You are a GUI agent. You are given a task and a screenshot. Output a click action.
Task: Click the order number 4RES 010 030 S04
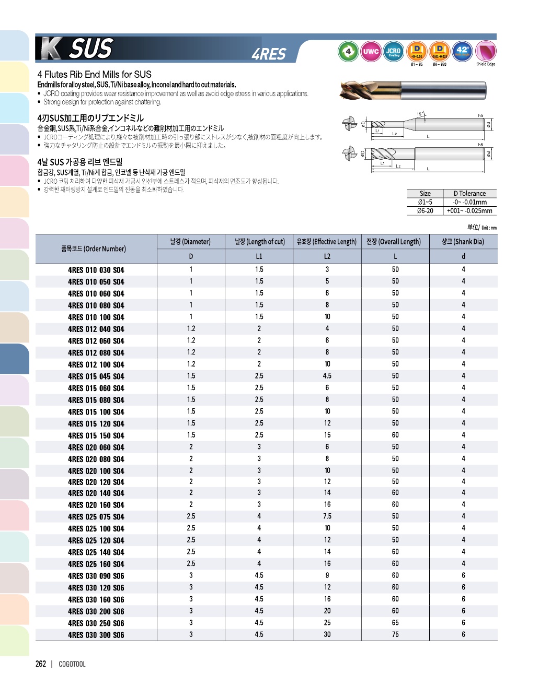click(96, 270)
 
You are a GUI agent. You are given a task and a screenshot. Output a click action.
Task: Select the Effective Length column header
click(327, 242)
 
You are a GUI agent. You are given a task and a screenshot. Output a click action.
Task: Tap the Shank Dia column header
click(463, 242)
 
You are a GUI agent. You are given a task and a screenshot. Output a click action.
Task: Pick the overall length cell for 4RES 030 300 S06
click(395, 635)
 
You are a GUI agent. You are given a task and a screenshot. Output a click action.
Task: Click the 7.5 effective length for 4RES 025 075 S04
click(327, 516)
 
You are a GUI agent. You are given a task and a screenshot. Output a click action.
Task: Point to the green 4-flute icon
click(348, 51)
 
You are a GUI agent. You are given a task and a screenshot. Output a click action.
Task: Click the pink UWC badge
click(371, 51)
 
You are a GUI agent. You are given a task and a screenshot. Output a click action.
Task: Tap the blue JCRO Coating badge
click(394, 51)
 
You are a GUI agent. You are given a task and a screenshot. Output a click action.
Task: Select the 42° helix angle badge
click(463, 51)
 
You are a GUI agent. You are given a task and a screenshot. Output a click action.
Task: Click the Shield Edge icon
click(486, 52)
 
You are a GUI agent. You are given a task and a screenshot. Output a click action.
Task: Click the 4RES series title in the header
click(269, 54)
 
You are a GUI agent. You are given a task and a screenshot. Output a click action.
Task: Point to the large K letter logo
click(51, 49)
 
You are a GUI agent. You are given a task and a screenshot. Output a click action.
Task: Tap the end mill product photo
click(413, 90)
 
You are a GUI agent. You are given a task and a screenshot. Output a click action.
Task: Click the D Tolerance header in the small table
click(469, 193)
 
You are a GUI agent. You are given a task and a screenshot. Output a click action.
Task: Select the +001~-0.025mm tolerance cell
click(469, 211)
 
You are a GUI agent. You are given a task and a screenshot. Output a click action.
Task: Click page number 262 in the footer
click(41, 664)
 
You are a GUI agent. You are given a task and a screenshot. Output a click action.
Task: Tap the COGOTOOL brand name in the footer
click(72, 664)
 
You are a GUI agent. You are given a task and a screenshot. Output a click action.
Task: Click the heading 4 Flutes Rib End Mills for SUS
click(95, 74)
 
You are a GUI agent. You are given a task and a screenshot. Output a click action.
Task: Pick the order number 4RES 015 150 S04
click(96, 435)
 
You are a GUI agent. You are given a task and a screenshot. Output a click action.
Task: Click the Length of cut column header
click(259, 242)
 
